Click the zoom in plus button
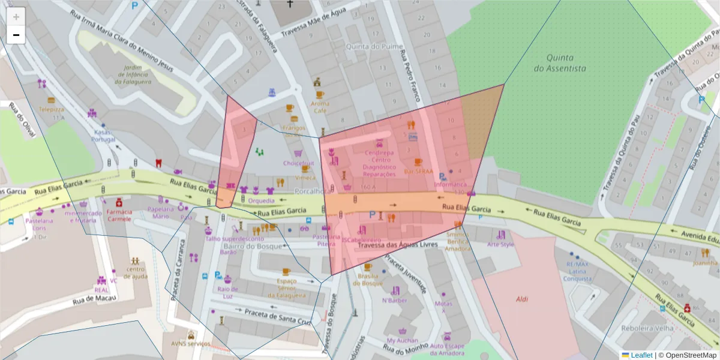(x=16, y=17)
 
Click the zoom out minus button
(x=16, y=35)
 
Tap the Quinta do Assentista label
(x=559, y=63)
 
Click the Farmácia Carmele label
(x=119, y=215)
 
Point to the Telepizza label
(x=52, y=110)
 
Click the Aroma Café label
(x=320, y=107)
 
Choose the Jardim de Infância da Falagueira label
(x=131, y=74)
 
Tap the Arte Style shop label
(x=500, y=244)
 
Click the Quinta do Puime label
(x=365, y=46)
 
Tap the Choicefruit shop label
(x=299, y=163)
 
